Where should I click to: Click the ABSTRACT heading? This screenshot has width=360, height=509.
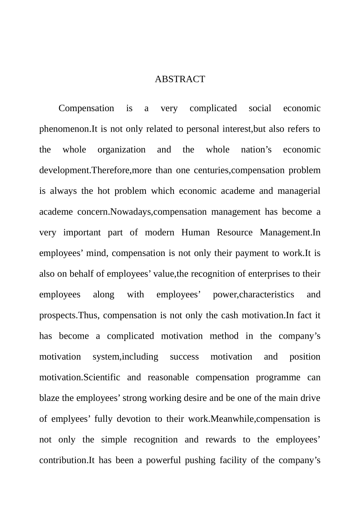coord(180,79)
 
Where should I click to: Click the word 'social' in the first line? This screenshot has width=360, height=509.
coord(260,108)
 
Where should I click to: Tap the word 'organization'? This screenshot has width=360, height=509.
coord(121,150)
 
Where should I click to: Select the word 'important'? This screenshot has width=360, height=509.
coord(82,233)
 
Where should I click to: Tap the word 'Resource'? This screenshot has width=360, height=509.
coord(234,233)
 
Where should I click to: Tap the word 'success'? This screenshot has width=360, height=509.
coord(184,357)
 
